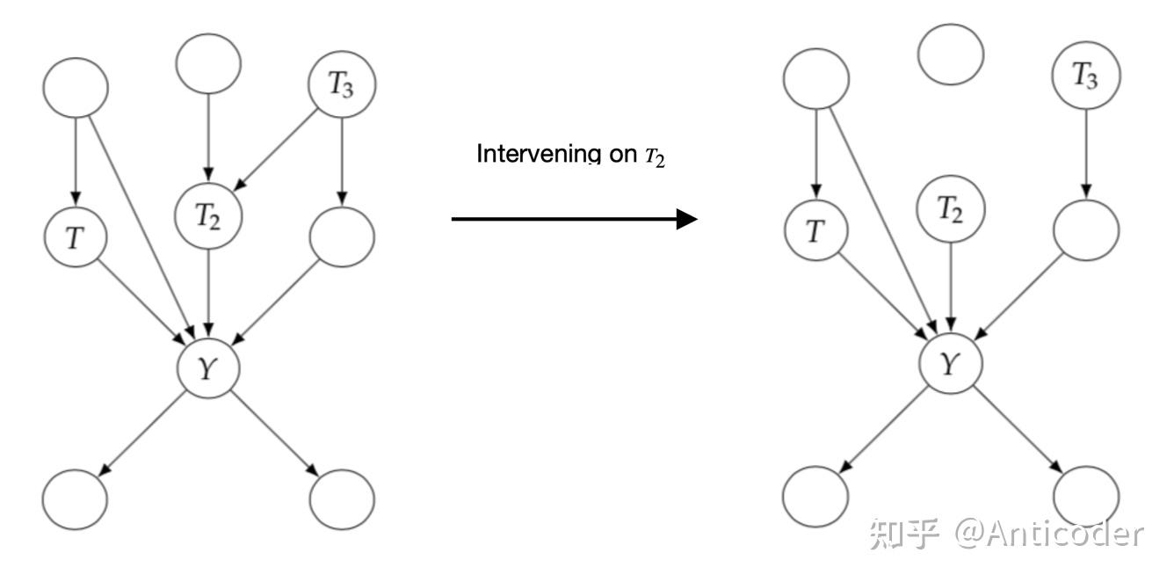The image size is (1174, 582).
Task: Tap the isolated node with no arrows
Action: tap(951, 55)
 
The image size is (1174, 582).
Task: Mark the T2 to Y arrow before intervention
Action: tap(208, 290)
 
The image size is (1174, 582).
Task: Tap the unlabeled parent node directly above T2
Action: tap(208, 63)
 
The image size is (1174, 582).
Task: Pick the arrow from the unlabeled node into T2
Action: tap(208, 136)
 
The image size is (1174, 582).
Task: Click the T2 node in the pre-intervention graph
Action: tap(208, 214)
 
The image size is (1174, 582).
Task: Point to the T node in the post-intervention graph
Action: tap(816, 231)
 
